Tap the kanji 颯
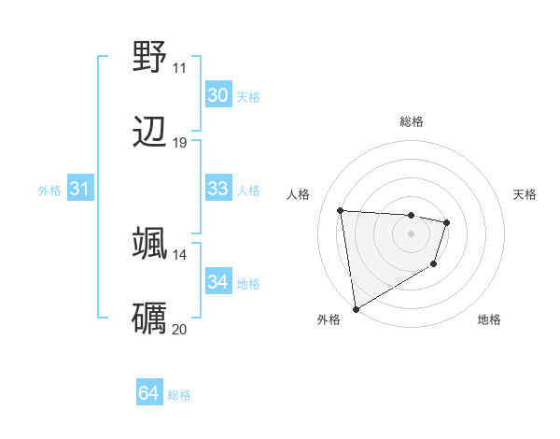[149, 243]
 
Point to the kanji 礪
[149, 318]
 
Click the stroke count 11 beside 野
[179, 67]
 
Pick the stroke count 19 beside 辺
[179, 142]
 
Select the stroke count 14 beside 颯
[179, 254]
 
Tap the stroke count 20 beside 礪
[179, 329]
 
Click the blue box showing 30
[217, 95]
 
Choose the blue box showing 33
[217, 189]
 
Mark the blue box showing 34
[217, 282]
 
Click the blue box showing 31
[79, 189]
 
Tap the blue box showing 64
[148, 394]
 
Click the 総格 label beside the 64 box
[179, 395]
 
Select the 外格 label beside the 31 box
[49, 190]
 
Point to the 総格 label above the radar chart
[411, 121]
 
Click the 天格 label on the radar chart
[525, 194]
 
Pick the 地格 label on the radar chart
[489, 319]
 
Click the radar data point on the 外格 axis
[356, 308]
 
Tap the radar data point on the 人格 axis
[341, 210]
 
